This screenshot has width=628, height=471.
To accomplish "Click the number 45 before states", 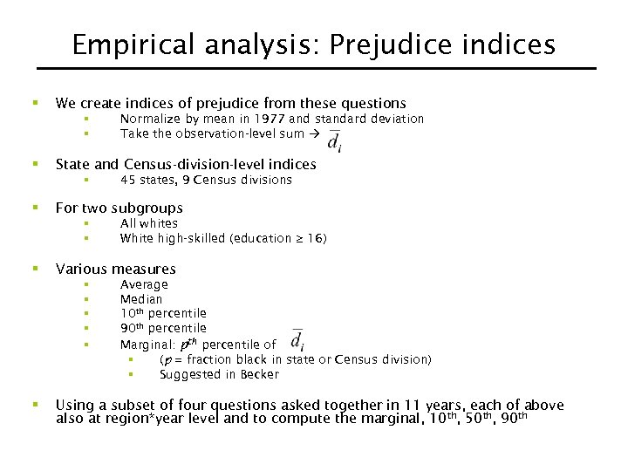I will [127, 180].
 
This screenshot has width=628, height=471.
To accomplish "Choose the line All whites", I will [148, 223].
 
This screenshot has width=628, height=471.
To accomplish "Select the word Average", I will [144, 284].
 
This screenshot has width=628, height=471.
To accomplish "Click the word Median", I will [141, 299].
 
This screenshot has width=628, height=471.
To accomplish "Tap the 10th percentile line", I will [163, 313].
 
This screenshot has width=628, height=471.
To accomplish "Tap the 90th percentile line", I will [163, 328].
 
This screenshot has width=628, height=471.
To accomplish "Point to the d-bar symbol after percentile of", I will [297, 342].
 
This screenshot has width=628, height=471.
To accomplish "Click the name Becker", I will [259, 374].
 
